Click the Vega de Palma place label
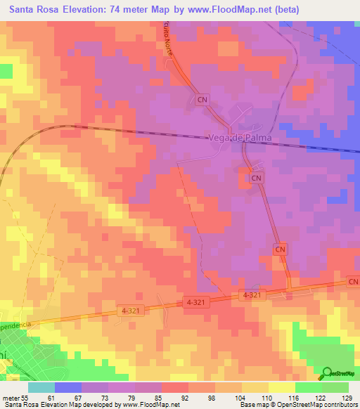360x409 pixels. coord(240,138)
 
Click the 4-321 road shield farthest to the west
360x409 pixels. coord(129,309)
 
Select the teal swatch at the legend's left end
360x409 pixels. coord(41,387)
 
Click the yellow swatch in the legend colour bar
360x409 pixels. coord(282,387)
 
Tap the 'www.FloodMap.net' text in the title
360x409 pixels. coord(230,10)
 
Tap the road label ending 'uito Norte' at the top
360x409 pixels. coord(169,47)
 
